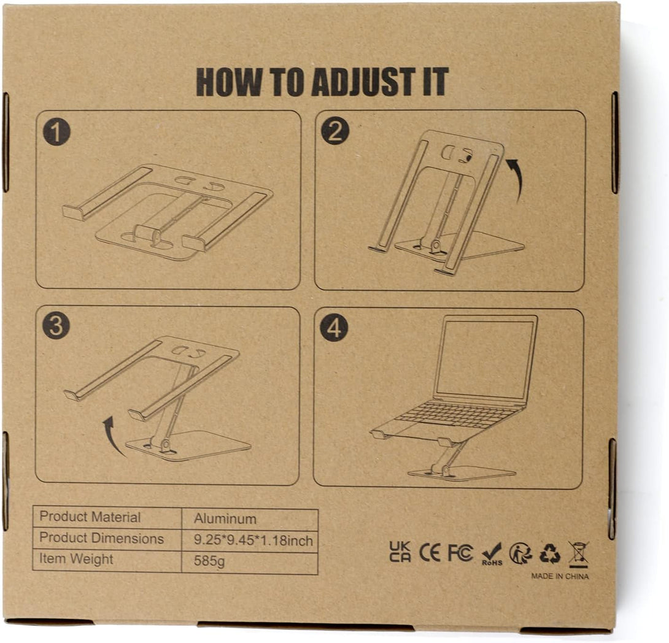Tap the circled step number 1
pyautogui.click(x=56, y=133)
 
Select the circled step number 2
pyautogui.click(x=335, y=131)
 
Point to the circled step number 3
pyautogui.click(x=56, y=326)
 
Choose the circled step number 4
pyautogui.click(x=334, y=328)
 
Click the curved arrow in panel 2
pyautogui.click(x=515, y=179)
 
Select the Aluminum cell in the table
pyautogui.click(x=225, y=518)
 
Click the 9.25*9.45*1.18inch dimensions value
pyautogui.click(x=253, y=541)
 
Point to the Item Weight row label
pyautogui.click(x=76, y=559)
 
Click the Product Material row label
pyautogui.click(x=90, y=517)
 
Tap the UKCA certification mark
pyautogui.click(x=400, y=552)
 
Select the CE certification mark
pyautogui.click(x=430, y=552)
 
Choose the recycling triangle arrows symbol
pyautogui.click(x=549, y=553)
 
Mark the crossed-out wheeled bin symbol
pyautogui.click(x=578, y=553)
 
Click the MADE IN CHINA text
pyautogui.click(x=560, y=576)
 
